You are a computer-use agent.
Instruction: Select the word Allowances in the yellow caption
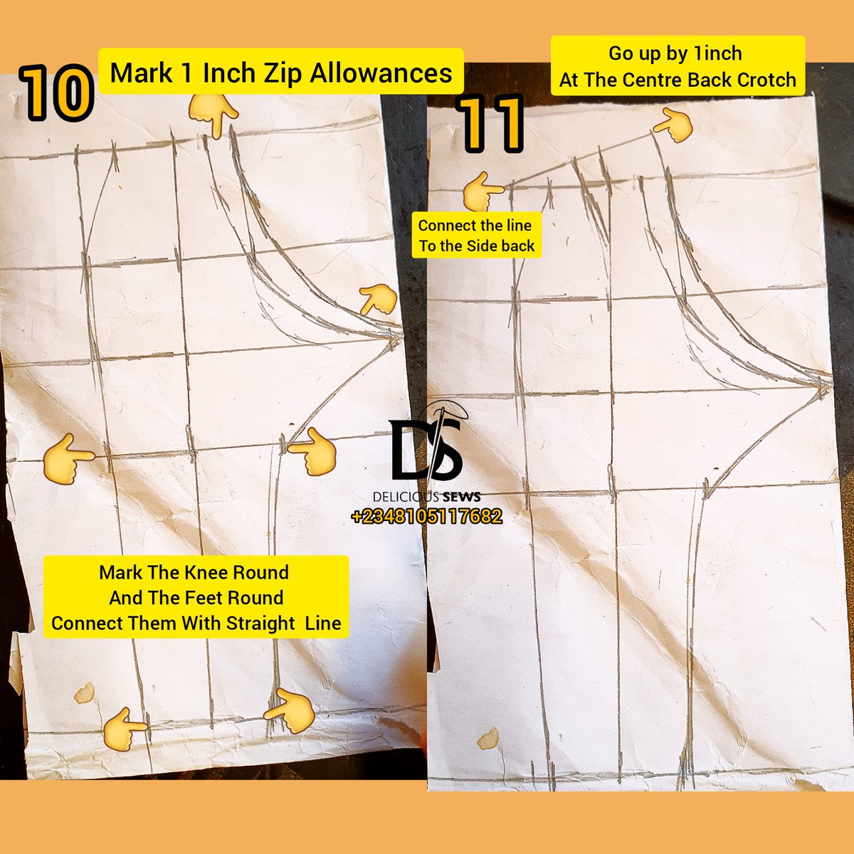385,73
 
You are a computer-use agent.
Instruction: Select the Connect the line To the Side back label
476,236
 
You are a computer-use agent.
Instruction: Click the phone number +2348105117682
426,517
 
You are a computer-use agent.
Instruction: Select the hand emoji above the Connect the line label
483,191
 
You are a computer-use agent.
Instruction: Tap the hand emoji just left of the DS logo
312,452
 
